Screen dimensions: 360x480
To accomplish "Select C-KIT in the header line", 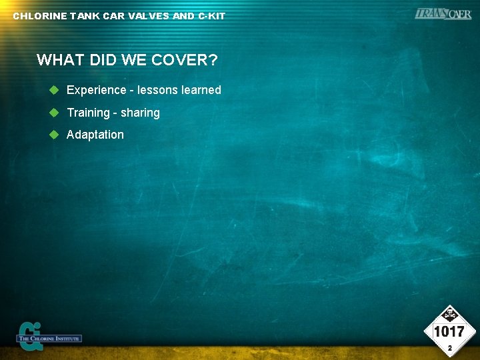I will pos(211,16).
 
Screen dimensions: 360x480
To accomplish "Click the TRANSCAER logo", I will pos(443,13).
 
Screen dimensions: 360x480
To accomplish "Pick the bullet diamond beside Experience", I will pos(55,89).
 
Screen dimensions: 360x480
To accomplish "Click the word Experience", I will pos(96,90).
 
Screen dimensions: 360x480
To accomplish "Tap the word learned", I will pos(201,90).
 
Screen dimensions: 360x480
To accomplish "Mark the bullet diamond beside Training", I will pos(55,112).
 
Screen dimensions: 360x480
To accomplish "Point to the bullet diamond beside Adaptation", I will pos(55,134).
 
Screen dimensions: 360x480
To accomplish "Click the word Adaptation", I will pos(95,135).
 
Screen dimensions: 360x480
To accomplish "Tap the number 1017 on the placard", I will pos(449,331).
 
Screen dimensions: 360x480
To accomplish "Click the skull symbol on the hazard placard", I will pos(450,314).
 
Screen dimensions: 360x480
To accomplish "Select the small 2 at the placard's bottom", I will pos(450,348).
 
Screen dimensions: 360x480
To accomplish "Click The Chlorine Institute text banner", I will pos(50,339).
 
